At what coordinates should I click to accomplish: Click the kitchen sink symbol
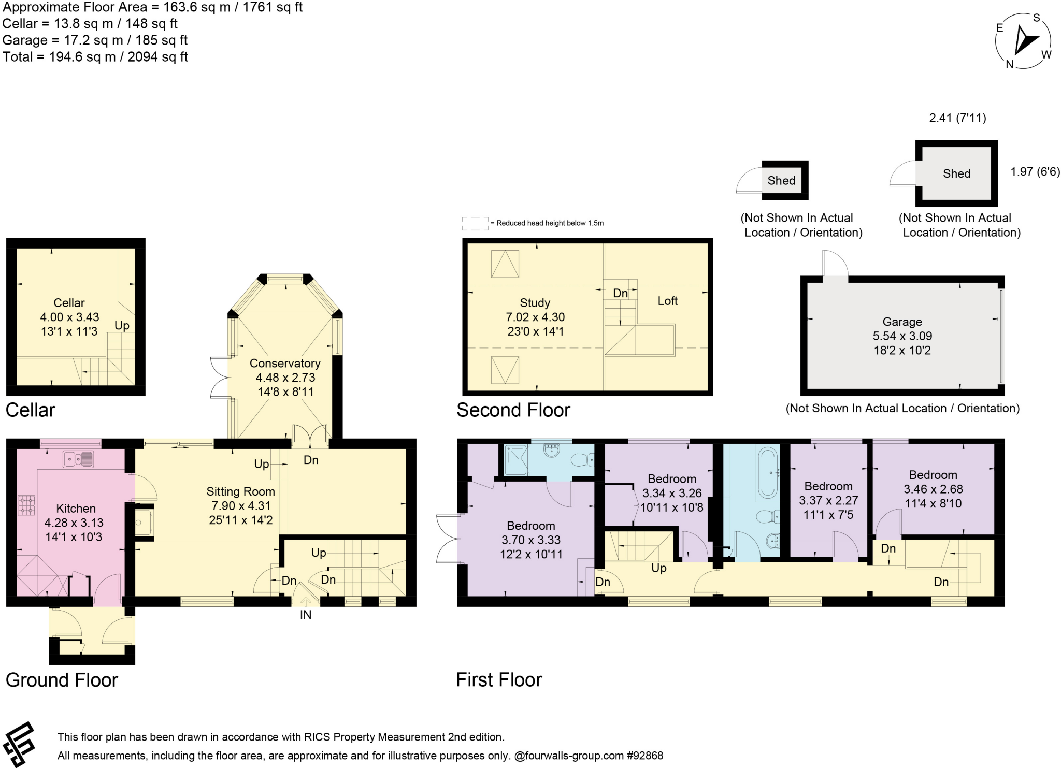(x=78, y=459)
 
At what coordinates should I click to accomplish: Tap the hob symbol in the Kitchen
(x=26, y=505)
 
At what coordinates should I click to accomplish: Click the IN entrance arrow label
(x=306, y=615)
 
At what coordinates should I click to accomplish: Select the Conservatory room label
(x=285, y=364)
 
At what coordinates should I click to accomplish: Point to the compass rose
(x=1023, y=41)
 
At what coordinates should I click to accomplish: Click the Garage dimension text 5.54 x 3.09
(x=902, y=336)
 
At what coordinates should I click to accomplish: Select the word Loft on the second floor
(x=667, y=301)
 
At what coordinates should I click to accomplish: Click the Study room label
(x=535, y=303)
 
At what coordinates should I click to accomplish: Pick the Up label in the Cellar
(x=122, y=326)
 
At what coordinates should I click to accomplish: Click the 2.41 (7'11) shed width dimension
(x=957, y=118)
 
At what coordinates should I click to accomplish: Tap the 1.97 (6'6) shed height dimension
(x=1035, y=172)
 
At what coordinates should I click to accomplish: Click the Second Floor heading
(x=513, y=410)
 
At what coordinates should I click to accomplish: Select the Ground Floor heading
(x=62, y=680)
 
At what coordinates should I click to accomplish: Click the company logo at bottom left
(x=19, y=744)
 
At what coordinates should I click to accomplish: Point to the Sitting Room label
(x=240, y=491)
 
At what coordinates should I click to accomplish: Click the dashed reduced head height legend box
(x=475, y=223)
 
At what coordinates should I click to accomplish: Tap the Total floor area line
(x=95, y=57)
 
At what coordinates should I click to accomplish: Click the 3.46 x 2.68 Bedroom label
(x=933, y=489)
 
